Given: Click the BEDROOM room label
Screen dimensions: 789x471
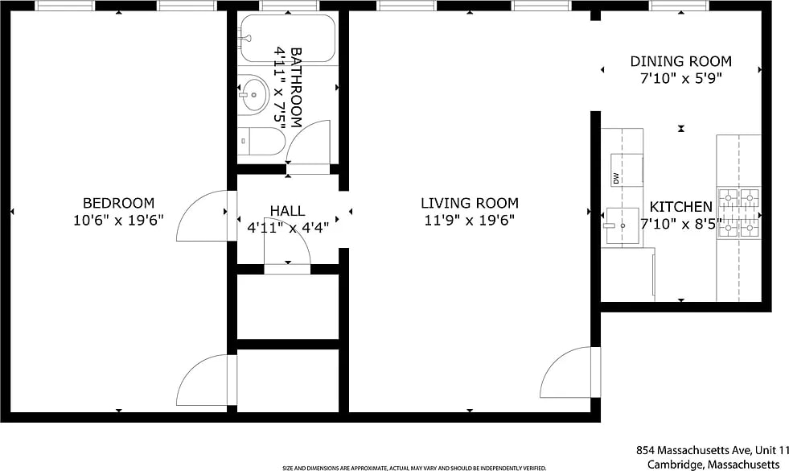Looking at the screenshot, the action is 118,203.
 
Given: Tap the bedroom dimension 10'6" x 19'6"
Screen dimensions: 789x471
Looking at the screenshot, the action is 118,220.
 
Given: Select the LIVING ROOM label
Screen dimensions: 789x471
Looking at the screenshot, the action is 470,203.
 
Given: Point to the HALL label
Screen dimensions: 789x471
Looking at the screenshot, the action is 287,211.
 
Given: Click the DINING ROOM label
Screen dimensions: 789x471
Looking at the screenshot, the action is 680,61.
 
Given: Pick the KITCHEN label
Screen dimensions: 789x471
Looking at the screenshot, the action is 680,207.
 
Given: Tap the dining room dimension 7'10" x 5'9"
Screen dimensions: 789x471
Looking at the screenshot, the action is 680,79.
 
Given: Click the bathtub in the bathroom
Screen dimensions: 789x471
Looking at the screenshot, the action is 287,39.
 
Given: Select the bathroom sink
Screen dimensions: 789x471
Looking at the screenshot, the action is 253,93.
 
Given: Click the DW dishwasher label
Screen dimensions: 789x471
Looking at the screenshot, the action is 616,178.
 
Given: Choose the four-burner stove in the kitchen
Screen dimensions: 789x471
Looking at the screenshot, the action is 738,213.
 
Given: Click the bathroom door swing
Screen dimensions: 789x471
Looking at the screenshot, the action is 308,143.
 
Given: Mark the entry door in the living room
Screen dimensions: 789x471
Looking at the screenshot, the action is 570,373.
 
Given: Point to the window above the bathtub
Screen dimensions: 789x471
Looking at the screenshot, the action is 290,6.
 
